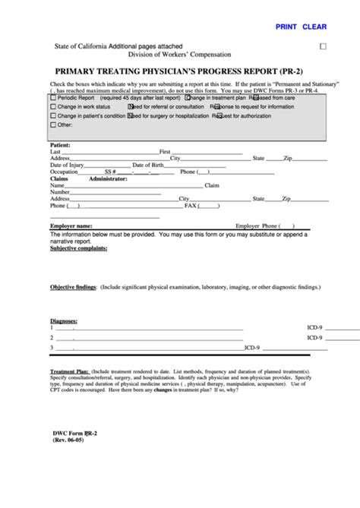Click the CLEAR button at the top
click(x=314, y=27)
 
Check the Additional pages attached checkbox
click(x=322, y=46)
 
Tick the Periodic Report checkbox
click(x=53, y=98)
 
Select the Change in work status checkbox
click(x=53, y=107)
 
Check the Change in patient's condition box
click(x=53, y=116)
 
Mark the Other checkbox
click(x=53, y=125)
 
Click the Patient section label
click(x=60, y=144)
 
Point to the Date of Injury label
click(x=67, y=165)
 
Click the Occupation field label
click(x=64, y=172)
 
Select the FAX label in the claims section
click(x=191, y=205)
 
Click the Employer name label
click(x=71, y=226)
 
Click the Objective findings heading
click(x=73, y=288)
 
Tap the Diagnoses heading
click(x=64, y=320)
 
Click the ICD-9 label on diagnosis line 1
click(x=314, y=327)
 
